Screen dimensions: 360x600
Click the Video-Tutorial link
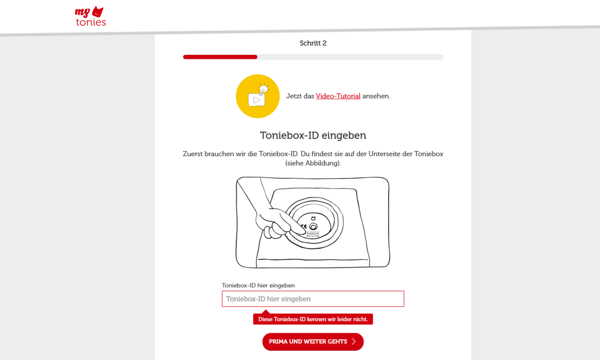click(x=338, y=96)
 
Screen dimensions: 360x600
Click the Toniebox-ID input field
click(x=313, y=299)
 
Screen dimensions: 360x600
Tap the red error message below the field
click(x=313, y=319)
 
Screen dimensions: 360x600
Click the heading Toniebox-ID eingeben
click(x=313, y=135)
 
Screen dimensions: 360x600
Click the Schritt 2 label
click(x=313, y=43)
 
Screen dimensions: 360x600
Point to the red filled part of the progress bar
click(x=220, y=57)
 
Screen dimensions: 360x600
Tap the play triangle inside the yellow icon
click(x=256, y=100)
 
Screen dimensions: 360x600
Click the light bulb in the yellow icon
click(x=263, y=89)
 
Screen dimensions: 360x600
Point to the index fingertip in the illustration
click(x=302, y=232)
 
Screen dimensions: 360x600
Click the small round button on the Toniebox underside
click(x=313, y=227)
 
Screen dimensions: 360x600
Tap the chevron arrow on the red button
click(x=354, y=342)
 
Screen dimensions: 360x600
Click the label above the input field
click(x=258, y=285)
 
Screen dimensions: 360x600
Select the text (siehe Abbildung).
click(x=313, y=163)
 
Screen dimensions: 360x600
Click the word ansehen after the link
click(x=376, y=96)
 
